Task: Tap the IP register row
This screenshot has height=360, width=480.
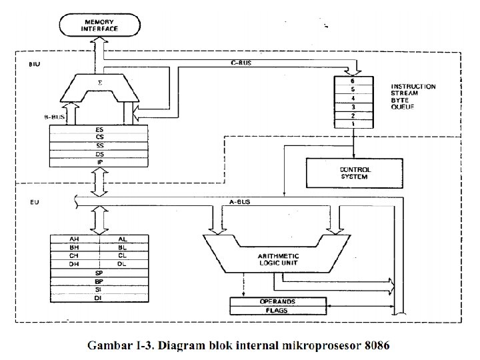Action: [99, 162]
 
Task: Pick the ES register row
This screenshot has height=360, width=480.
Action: [99, 130]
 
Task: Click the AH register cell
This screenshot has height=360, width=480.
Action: [75, 239]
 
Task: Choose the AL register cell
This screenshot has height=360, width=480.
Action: [123, 239]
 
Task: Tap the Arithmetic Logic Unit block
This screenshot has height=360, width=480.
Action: [278, 259]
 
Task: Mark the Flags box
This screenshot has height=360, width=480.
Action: [277, 311]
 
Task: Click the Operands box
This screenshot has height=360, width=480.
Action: [277, 301]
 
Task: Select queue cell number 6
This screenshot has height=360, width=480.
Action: [352, 80]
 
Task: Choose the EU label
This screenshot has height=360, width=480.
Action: [34, 200]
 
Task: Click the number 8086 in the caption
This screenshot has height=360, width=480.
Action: [377, 346]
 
